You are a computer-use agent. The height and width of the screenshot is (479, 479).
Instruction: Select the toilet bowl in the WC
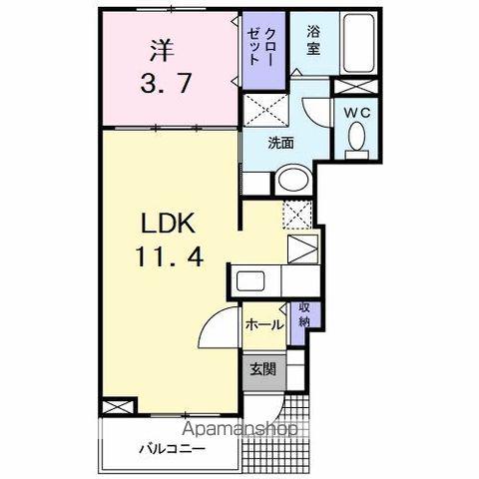356,139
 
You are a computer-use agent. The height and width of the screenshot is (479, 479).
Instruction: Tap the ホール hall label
263,324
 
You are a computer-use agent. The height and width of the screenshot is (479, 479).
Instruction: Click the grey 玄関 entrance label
262,370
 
